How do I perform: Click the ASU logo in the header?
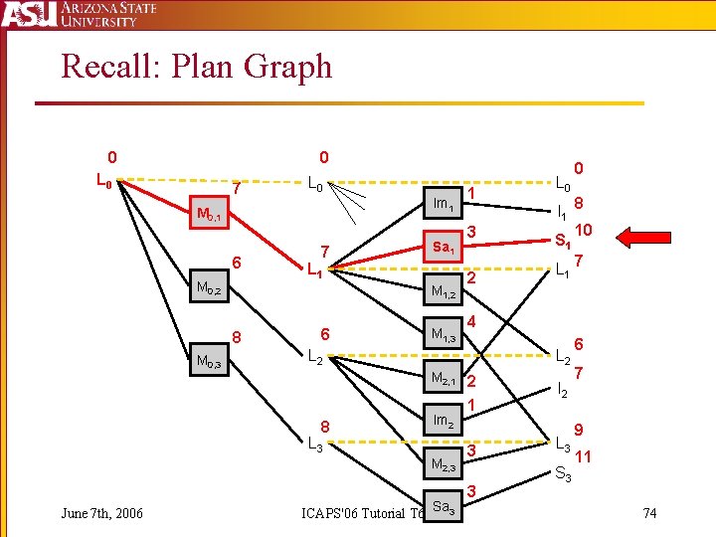[x=28, y=16]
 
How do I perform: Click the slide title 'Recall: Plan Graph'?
[x=196, y=67]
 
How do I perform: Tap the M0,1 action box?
[x=213, y=214]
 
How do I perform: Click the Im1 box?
[x=444, y=203]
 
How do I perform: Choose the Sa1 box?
[x=444, y=247]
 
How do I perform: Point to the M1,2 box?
[x=444, y=291]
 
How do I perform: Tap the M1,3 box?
[x=444, y=334]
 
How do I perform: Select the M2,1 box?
[x=444, y=379]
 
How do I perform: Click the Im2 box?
[x=444, y=421]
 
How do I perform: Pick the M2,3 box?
[x=444, y=464]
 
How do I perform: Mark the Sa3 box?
[x=444, y=508]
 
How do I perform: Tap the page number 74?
[x=650, y=513]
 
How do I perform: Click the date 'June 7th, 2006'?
[x=101, y=513]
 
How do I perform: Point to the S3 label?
[x=562, y=474]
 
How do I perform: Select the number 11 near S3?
[x=584, y=457]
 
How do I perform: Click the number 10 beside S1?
[x=584, y=230]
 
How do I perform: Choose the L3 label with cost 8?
[x=314, y=444]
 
